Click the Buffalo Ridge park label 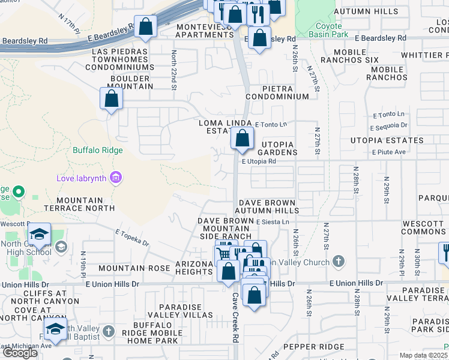[98, 151]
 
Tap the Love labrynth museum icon [116, 178]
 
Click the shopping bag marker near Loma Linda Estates [241, 139]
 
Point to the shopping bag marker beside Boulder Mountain [112, 99]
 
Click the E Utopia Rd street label [259, 161]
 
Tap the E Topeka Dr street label [131, 238]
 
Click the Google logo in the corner [20, 353]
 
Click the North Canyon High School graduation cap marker [39, 235]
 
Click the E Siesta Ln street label [273, 222]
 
